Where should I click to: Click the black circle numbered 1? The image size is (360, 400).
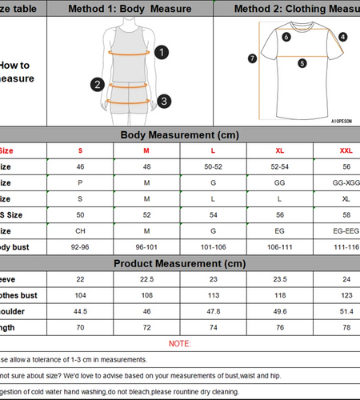[x=162, y=53]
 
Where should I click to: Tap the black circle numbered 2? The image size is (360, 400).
[x=98, y=83]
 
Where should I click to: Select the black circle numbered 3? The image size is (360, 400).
[x=163, y=101]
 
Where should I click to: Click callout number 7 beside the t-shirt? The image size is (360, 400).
[x=253, y=58]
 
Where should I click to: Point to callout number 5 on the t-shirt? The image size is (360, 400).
[x=302, y=62]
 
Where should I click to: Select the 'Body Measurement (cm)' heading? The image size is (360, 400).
[x=179, y=134]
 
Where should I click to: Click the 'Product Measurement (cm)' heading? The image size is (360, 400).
[x=179, y=263]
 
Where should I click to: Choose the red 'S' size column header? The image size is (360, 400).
[x=80, y=150]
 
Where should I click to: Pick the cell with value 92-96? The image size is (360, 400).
[x=80, y=247]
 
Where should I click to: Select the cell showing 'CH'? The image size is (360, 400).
[x=80, y=231]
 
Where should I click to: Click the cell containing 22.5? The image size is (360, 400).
[x=146, y=278]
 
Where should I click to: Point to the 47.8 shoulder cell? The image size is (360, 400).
[x=213, y=311]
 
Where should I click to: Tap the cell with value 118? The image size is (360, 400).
[x=280, y=294]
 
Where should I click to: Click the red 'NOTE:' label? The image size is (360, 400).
[x=179, y=343]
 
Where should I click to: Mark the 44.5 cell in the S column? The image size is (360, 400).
[x=80, y=311]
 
